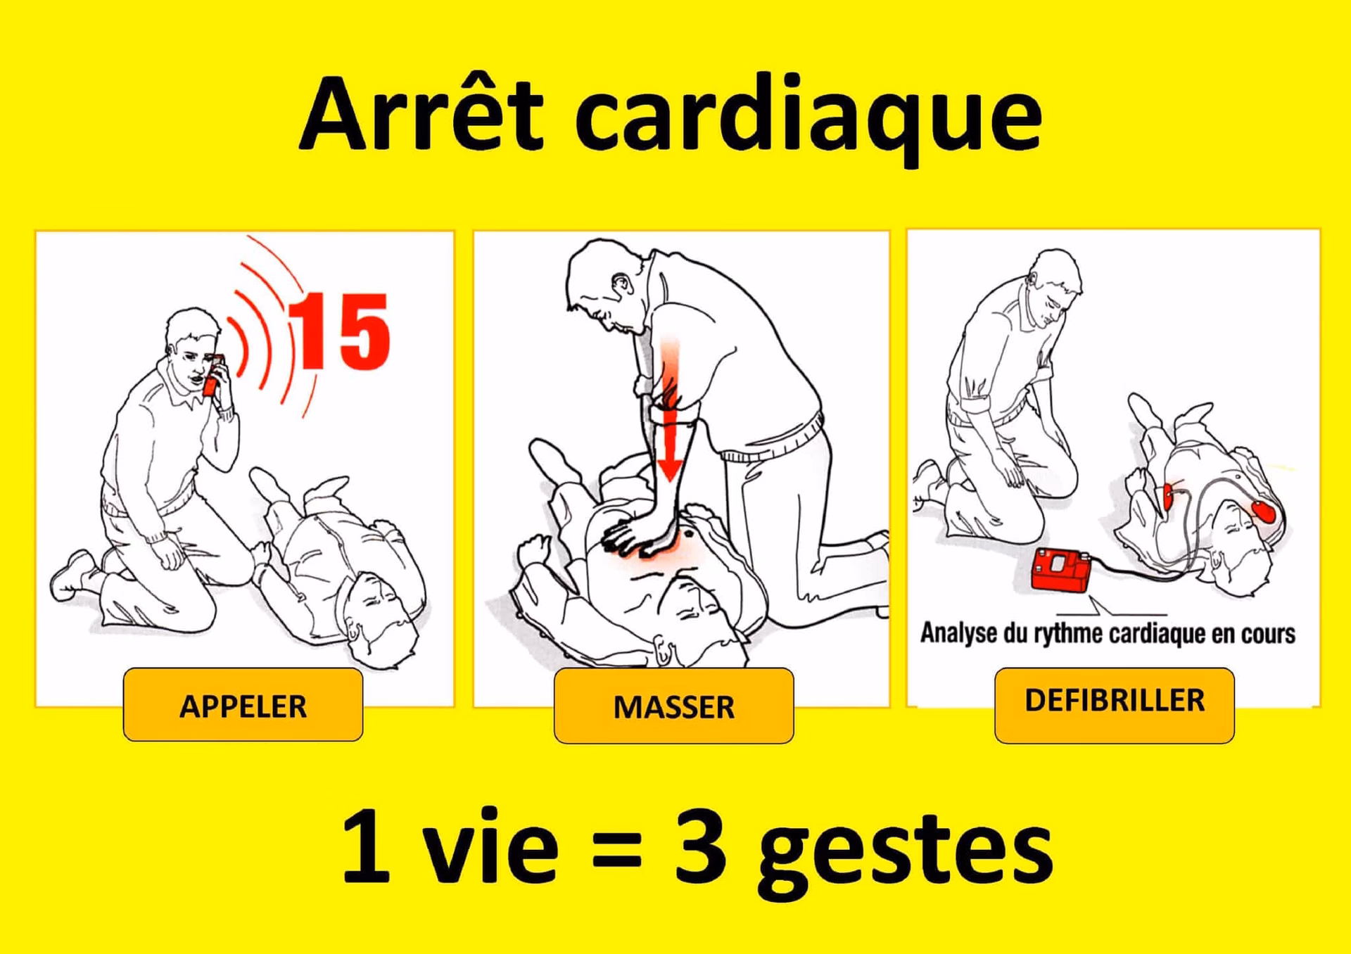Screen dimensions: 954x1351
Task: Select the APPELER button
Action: click(243, 705)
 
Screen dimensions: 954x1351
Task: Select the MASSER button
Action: click(673, 706)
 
